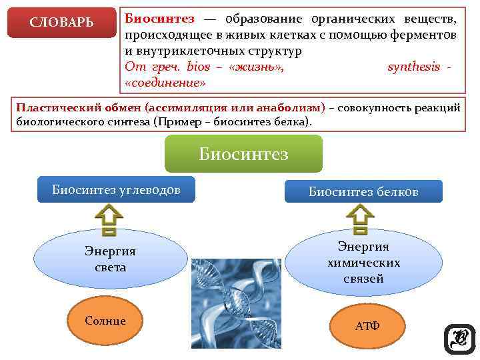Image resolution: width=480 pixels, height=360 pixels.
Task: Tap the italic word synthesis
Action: (413, 67)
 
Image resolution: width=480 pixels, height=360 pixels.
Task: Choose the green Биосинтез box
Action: (243, 154)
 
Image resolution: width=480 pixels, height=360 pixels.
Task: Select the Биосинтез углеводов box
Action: (117, 189)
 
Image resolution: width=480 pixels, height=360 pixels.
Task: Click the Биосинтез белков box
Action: (363, 192)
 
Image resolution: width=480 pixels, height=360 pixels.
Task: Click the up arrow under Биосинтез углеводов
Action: (109, 220)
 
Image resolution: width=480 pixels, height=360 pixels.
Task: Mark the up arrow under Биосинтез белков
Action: (360, 220)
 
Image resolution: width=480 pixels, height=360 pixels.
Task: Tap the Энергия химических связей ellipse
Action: (363, 263)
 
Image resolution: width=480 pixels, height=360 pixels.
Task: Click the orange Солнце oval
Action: (105, 321)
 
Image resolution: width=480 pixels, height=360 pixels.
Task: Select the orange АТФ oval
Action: (367, 326)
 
